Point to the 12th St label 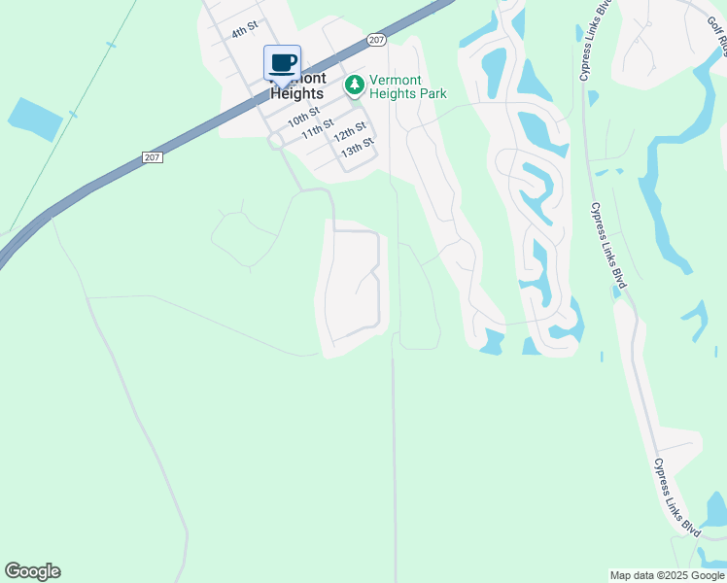[x=349, y=131]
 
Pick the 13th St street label [x=357, y=148]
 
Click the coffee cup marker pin [x=282, y=63]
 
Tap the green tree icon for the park [x=355, y=86]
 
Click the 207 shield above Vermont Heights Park [x=377, y=40]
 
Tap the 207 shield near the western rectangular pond [x=151, y=156]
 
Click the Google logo [x=32, y=571]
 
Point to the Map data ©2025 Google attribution [x=667, y=575]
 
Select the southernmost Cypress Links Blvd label [x=676, y=497]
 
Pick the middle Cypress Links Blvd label [x=608, y=245]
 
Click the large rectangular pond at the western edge [x=35, y=119]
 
